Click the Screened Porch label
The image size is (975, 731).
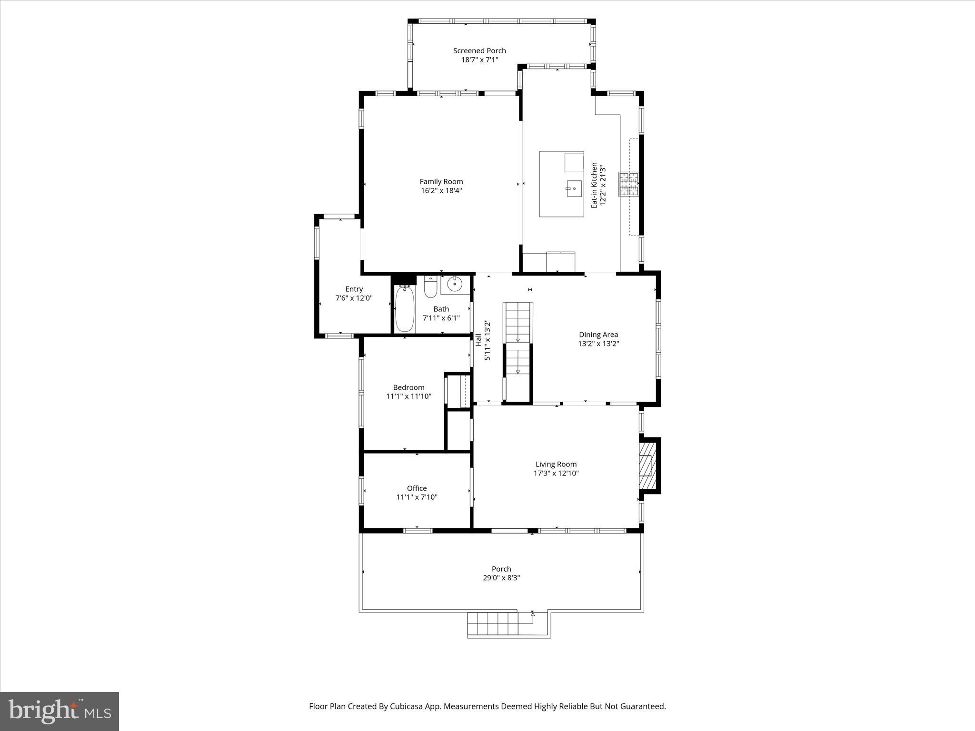(x=479, y=50)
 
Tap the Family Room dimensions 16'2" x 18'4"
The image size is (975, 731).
(x=441, y=191)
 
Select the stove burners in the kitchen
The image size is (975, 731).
(x=628, y=184)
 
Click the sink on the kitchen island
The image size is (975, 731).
(x=574, y=188)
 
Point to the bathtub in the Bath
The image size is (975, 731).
(x=405, y=308)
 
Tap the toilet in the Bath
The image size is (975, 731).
(x=430, y=287)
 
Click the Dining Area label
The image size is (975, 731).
(x=598, y=335)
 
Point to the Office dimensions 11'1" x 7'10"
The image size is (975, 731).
(x=417, y=497)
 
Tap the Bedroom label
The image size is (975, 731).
(x=408, y=387)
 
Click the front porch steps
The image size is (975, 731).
(x=492, y=624)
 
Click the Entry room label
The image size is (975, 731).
(x=354, y=289)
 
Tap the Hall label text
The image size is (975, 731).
(x=478, y=339)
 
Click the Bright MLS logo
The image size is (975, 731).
(x=60, y=711)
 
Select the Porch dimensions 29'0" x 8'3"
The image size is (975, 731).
(x=501, y=578)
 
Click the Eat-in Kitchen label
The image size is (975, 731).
(x=594, y=185)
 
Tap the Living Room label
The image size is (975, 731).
(x=556, y=464)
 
